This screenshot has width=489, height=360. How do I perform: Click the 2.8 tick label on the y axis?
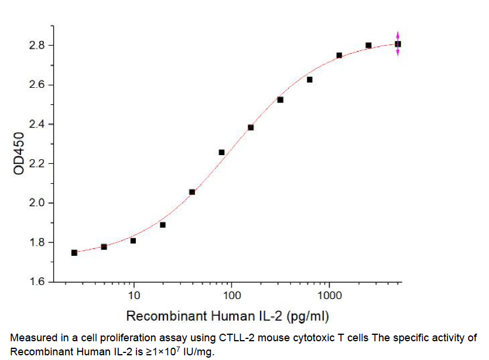pyautogui.click(x=37, y=46)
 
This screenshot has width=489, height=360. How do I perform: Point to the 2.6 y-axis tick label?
pyautogui.click(x=37, y=85)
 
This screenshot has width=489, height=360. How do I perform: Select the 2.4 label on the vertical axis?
pyautogui.click(x=37, y=125)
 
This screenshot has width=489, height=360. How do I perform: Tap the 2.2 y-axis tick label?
pyautogui.click(x=37, y=164)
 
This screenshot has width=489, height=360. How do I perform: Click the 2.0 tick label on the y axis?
pyautogui.click(x=37, y=203)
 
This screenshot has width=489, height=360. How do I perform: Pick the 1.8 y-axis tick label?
pyautogui.click(x=37, y=243)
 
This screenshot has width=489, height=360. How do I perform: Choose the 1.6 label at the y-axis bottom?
pyautogui.click(x=37, y=282)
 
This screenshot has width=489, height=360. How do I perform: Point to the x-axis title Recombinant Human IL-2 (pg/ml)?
pyautogui.click(x=227, y=317)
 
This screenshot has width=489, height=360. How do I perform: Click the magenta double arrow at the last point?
pyautogui.click(x=398, y=44)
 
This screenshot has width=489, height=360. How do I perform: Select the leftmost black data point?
pyautogui.click(x=74, y=253)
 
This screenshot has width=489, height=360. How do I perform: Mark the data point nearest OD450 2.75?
pyautogui.click(x=339, y=56)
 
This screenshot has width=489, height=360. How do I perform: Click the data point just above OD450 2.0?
pyautogui.click(x=192, y=192)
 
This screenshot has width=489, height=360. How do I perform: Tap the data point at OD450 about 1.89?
pyautogui.click(x=163, y=225)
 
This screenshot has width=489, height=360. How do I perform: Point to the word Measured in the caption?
pyautogui.click(x=32, y=338)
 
